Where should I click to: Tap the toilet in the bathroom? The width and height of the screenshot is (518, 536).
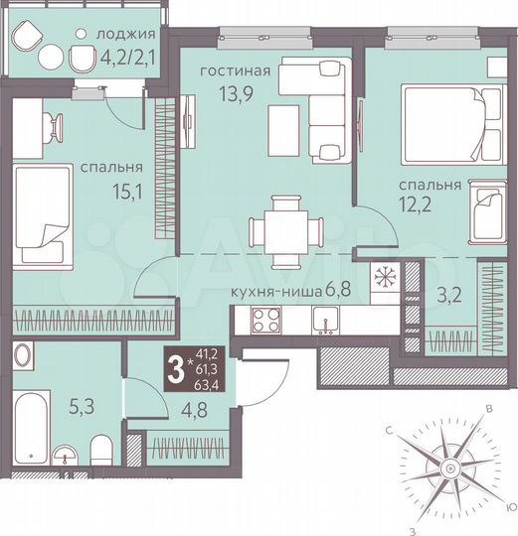99,452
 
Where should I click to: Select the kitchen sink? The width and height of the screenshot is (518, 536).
325,320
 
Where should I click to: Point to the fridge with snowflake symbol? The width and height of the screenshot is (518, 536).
384,277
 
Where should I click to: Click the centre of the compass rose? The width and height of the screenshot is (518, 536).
449,466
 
